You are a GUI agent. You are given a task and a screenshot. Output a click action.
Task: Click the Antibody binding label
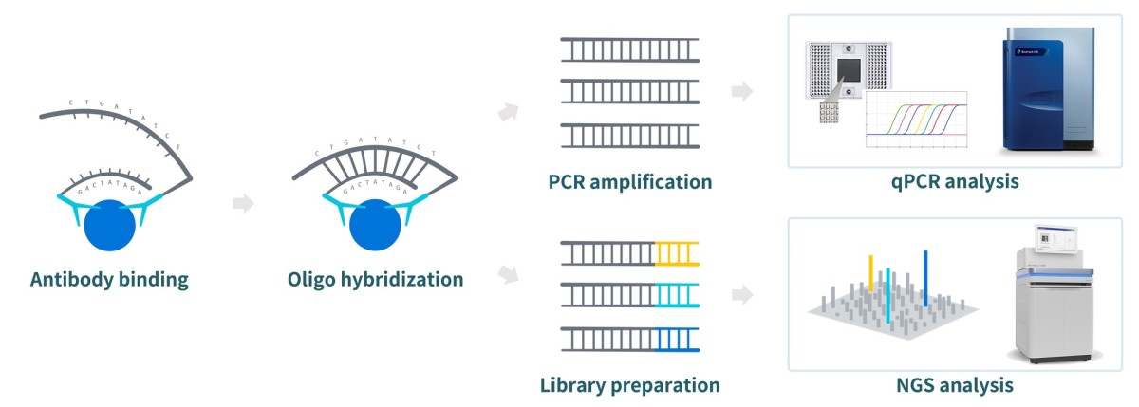tap(110, 280)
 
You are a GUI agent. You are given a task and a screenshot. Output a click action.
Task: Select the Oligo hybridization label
tap(376, 280)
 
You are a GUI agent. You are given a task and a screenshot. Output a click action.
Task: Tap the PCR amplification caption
tap(629, 180)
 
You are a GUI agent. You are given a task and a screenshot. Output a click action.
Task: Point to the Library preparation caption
tap(629, 385)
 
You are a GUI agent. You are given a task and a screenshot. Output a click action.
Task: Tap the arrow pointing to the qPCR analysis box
tap(743, 92)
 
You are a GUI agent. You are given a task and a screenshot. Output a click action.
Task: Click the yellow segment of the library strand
tap(678, 252)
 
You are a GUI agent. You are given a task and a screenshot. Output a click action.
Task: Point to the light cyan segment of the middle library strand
tap(678, 295)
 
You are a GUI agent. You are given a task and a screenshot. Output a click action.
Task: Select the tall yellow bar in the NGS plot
tap(870, 272)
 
